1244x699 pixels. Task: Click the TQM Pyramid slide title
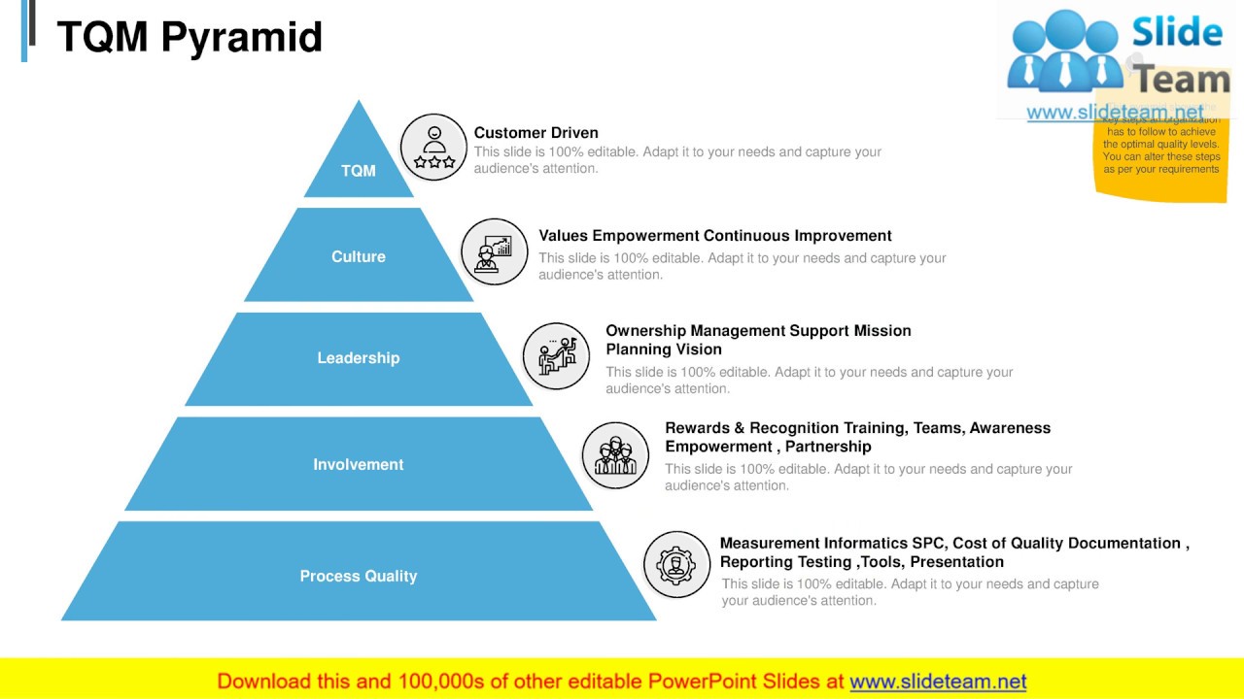[x=190, y=37]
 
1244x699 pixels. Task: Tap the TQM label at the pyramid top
[x=358, y=171]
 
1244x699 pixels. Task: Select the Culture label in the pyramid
[x=358, y=256]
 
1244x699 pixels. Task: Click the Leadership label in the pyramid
[x=358, y=358]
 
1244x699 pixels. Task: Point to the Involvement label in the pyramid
[x=358, y=465]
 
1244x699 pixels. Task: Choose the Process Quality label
[x=358, y=577]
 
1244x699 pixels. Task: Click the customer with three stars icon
[x=433, y=147]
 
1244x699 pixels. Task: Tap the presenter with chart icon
[x=494, y=251]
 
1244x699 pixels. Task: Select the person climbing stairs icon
[x=557, y=355]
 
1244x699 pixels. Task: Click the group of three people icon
[x=615, y=454]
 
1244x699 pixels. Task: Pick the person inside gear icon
[x=676, y=564]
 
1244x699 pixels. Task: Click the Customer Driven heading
[x=536, y=133]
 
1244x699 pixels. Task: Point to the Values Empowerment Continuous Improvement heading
[x=714, y=236]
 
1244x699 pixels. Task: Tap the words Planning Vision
[x=664, y=349]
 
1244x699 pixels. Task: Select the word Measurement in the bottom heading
[x=770, y=544]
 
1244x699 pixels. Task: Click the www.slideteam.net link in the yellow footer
[x=938, y=682]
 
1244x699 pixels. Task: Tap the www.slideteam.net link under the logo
[x=1115, y=113]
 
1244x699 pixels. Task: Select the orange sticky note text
[x=1160, y=150]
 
